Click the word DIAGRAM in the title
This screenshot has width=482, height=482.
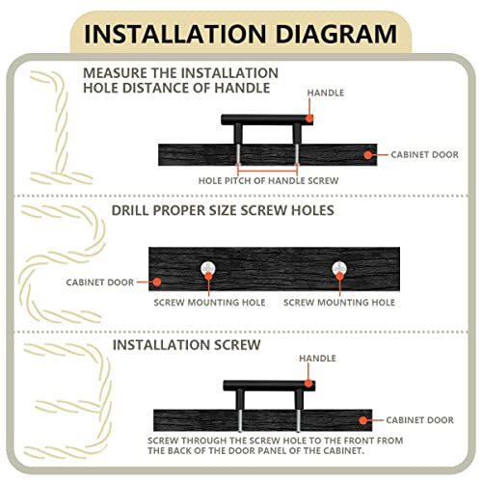(336, 34)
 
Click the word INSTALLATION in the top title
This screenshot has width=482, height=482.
(175, 34)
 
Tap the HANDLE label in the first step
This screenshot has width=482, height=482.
(326, 93)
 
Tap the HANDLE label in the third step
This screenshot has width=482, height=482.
(317, 359)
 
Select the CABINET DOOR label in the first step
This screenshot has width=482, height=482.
(424, 154)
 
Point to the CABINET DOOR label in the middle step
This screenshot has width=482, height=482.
(100, 282)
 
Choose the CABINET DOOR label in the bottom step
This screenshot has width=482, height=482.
(419, 420)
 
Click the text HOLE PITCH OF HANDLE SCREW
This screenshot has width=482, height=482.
(268, 181)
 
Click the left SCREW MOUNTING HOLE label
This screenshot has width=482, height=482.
(209, 303)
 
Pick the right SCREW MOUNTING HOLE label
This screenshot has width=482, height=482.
(339, 303)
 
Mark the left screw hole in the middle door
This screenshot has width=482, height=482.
(208, 268)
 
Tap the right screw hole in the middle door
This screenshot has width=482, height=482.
(339, 268)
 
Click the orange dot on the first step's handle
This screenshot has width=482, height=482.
(309, 119)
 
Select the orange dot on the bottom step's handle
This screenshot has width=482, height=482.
(308, 384)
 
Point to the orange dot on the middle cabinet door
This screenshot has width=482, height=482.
(157, 282)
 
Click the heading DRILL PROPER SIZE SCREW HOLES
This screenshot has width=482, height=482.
(223, 210)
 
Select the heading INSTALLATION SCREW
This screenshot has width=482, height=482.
(186, 345)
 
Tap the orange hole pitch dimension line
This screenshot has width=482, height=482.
(267, 171)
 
